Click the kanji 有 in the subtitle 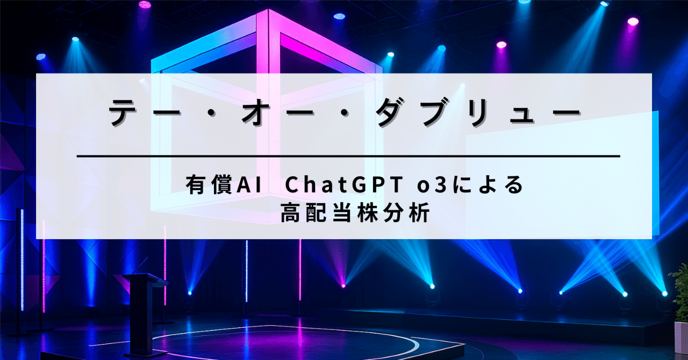[x=195, y=186]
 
